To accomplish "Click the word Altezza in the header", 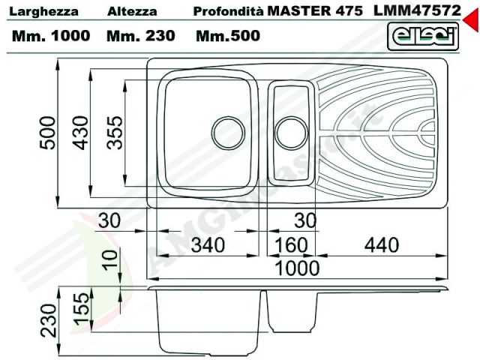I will coord(132,13).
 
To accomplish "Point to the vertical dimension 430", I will coord(81,132).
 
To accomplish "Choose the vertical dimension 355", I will coord(114,132).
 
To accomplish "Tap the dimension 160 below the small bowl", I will coord(286,245).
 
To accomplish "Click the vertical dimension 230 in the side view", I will coord(49,322).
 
